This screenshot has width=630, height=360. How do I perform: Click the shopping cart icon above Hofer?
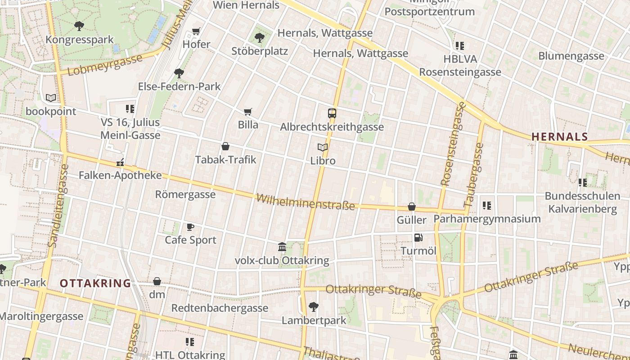point(196,31)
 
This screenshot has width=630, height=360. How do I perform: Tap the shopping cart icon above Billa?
point(247,112)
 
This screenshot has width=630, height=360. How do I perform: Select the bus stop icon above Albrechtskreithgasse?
point(332,113)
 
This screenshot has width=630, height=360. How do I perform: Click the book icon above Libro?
point(322,147)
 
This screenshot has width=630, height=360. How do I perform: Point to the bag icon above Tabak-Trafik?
point(225,146)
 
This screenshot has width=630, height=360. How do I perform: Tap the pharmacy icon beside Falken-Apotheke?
point(120,162)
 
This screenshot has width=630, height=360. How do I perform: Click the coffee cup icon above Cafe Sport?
point(190,227)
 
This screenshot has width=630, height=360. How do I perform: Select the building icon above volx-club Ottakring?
point(282,247)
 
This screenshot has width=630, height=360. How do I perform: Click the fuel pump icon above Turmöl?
point(418,237)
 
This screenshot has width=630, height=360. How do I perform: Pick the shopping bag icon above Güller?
point(411,207)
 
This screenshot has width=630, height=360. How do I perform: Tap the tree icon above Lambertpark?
point(314,307)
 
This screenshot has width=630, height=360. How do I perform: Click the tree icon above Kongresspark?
point(79,26)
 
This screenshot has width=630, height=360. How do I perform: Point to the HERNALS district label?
point(560,137)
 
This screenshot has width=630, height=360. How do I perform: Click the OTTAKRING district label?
point(95,283)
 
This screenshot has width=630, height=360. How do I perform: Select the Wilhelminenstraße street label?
point(306,202)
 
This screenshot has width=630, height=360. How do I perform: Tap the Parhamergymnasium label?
point(487,219)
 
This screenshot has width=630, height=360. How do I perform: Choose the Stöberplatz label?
point(260,51)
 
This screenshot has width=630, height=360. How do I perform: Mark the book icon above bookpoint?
point(51,98)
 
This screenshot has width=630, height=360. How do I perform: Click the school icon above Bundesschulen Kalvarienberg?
point(583,182)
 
